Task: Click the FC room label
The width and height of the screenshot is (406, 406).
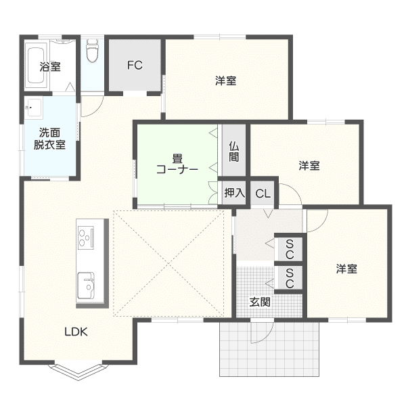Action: tap(135, 65)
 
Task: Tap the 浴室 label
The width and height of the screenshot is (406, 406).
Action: tap(50, 66)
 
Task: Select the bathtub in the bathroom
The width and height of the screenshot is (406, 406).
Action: tap(35, 65)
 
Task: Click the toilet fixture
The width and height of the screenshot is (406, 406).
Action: tap(91, 51)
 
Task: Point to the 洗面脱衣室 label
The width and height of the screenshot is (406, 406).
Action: tap(49, 139)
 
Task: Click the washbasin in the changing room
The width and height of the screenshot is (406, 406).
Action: tap(35, 108)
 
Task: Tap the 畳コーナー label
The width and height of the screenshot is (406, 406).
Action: tap(177, 164)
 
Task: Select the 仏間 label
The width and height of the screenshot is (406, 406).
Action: tap(234, 152)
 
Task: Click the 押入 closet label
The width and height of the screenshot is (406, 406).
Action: tap(234, 193)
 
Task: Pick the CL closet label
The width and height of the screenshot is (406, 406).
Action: tap(263, 194)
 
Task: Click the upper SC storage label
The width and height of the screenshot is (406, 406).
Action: tap(290, 249)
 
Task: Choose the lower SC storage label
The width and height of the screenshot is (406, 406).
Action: tap(290, 278)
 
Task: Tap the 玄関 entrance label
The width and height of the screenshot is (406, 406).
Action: tap(260, 302)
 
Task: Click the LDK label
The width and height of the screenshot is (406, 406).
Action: tap(76, 332)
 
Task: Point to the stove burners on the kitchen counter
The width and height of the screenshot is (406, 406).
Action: tap(86, 238)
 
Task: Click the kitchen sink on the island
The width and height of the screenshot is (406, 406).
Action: tap(86, 285)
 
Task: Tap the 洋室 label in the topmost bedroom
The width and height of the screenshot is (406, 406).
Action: tap(225, 81)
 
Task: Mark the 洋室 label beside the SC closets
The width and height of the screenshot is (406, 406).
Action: tap(346, 269)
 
